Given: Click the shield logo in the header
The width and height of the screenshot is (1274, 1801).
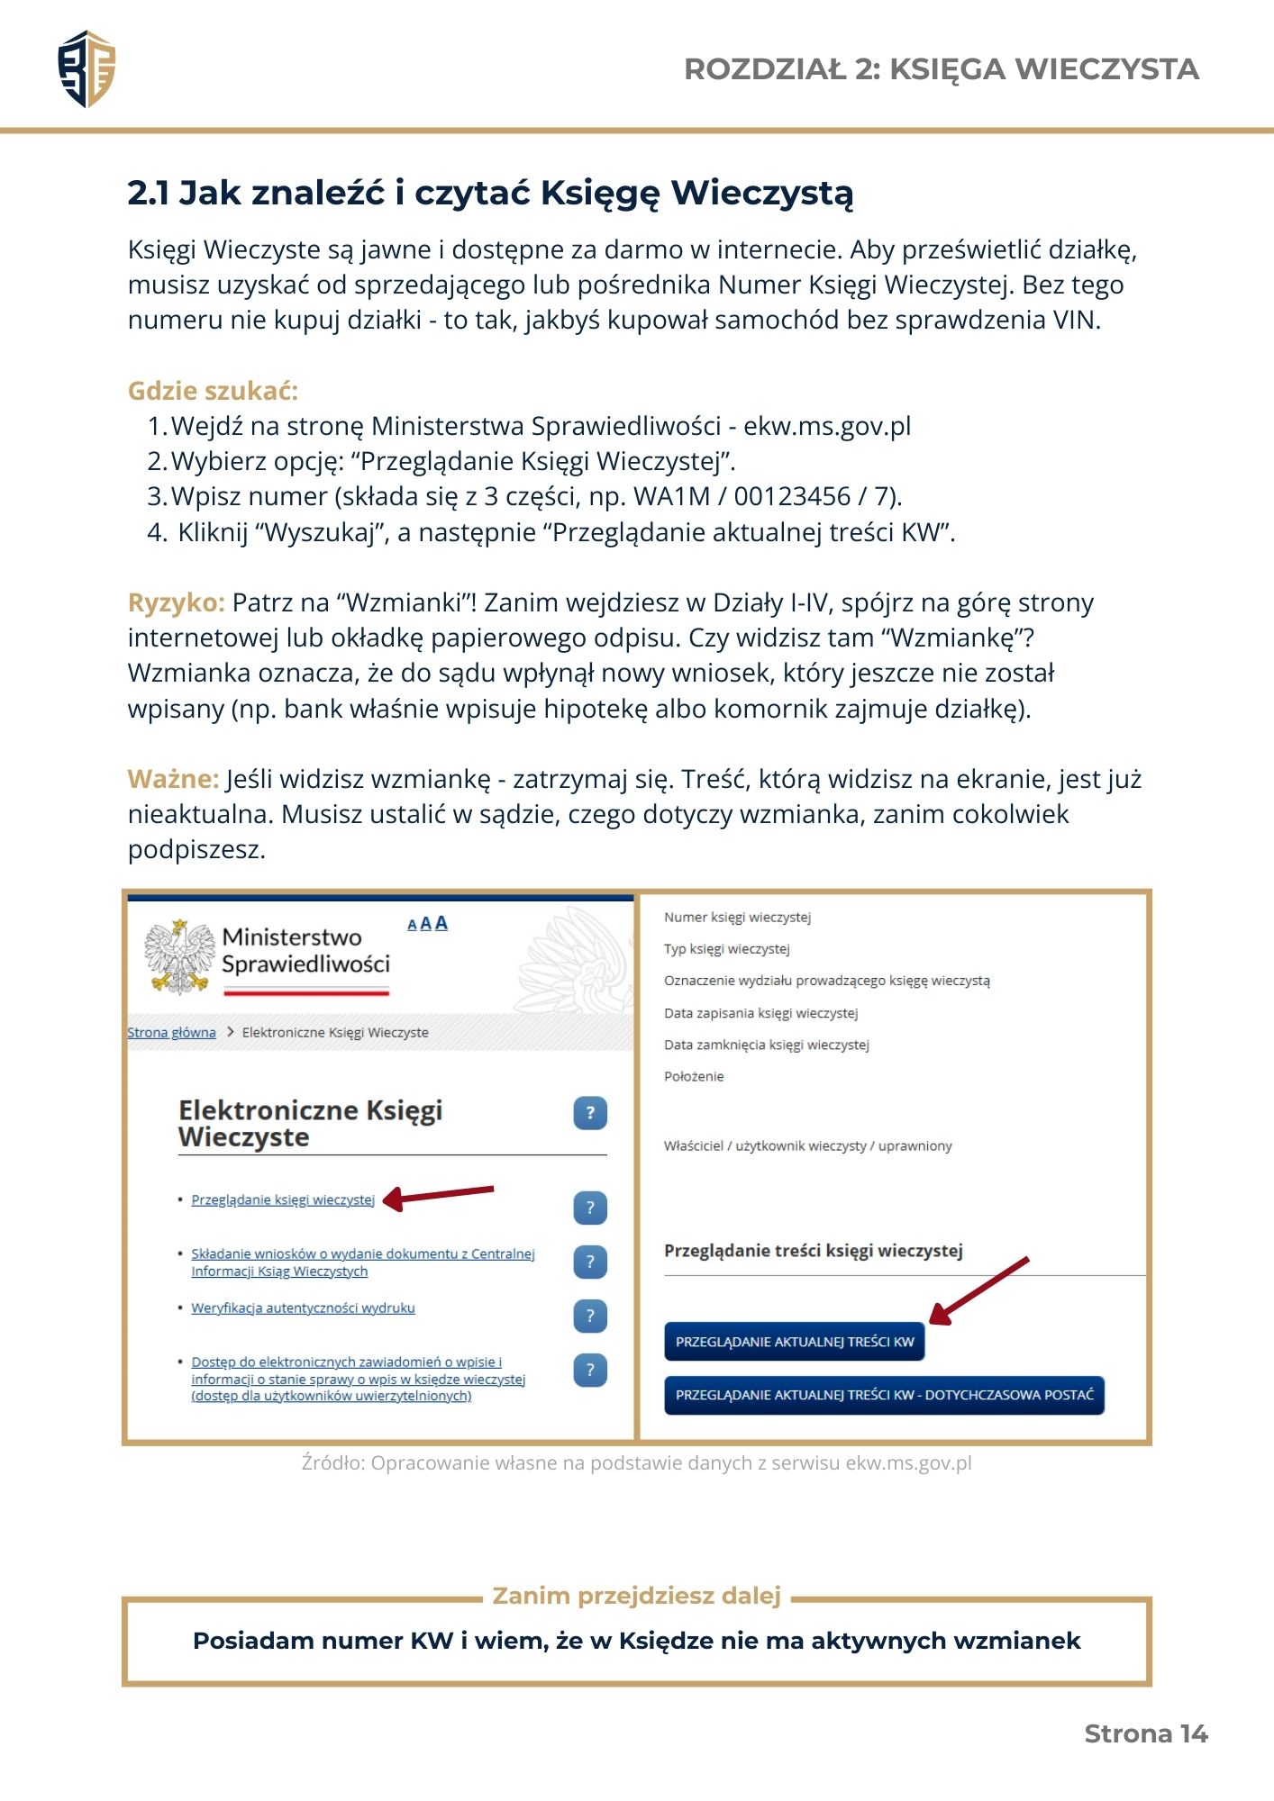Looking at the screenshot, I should [x=86, y=69].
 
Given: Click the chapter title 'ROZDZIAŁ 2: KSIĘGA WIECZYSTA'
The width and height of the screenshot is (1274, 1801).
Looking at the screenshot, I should [x=941, y=69].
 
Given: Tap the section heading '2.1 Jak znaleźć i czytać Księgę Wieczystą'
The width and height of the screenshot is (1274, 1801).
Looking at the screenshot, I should [x=490, y=193].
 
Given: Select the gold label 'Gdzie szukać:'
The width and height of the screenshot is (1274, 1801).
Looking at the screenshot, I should [x=213, y=391].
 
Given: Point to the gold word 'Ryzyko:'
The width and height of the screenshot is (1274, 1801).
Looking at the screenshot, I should [x=176, y=602].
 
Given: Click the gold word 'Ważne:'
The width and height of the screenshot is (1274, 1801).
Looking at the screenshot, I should [x=173, y=779].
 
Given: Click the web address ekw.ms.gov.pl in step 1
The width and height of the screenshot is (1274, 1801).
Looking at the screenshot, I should [x=826, y=426].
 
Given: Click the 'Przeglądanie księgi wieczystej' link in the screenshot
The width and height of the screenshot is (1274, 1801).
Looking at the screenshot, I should [x=283, y=1199].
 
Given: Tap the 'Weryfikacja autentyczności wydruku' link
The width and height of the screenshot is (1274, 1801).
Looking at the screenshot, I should [x=303, y=1308].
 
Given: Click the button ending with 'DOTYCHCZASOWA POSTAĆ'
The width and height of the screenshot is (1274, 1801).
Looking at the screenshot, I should [x=884, y=1395].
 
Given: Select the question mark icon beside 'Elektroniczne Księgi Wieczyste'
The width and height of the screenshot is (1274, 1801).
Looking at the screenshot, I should [x=590, y=1113].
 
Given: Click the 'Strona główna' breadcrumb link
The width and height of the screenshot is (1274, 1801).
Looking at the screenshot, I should [x=171, y=1032].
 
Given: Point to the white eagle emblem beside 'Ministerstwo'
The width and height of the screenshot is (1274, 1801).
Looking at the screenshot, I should [x=179, y=956].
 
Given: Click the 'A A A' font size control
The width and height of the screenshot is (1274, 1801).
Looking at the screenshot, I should [x=427, y=923].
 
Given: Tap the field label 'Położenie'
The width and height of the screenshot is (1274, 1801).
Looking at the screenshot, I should [x=694, y=1076].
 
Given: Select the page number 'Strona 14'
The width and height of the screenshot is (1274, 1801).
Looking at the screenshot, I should [x=1145, y=1733].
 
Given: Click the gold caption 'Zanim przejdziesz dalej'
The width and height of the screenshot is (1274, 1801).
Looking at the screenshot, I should [x=636, y=1596].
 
